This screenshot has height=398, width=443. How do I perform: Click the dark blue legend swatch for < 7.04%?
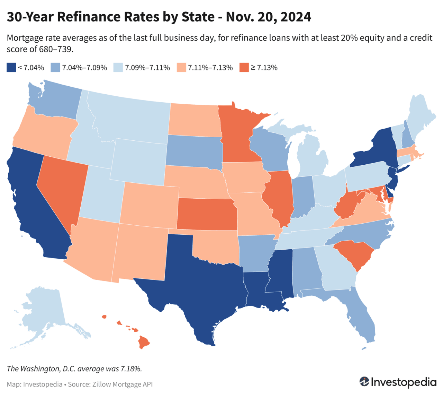pyautogui.click(x=11, y=68)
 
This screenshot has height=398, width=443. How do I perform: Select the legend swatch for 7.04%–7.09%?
pyautogui.click(x=55, y=68)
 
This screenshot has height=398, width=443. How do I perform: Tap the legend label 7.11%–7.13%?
pyautogui.click(x=210, y=68)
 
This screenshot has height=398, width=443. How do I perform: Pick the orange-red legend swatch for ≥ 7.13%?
pyautogui.click(x=244, y=68)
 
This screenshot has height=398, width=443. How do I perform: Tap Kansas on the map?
pyautogui.click(x=207, y=214)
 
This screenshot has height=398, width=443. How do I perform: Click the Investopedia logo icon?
pyautogui.click(x=364, y=382)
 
